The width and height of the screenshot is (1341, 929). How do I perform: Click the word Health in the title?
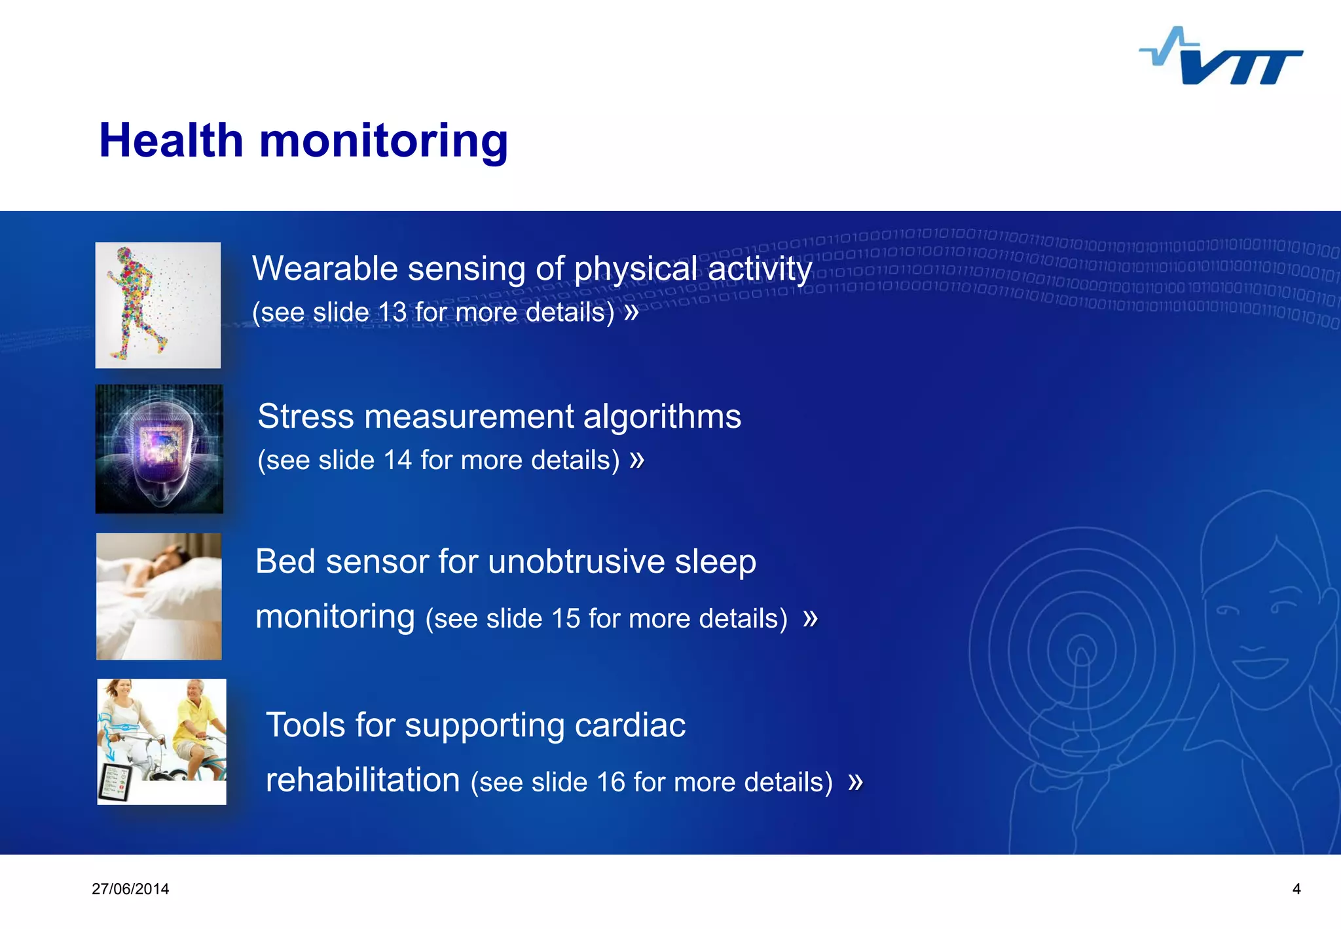[171, 141]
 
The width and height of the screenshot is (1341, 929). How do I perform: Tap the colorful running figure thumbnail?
[158, 305]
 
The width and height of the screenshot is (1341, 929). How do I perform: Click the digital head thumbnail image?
[159, 449]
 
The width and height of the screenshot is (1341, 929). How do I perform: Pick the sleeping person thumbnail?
[159, 596]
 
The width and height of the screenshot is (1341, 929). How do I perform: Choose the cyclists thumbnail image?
[162, 742]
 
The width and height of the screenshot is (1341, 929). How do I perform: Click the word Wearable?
[325, 269]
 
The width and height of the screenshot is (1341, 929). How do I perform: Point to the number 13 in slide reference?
[392, 313]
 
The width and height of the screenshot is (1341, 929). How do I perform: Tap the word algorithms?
[662, 417]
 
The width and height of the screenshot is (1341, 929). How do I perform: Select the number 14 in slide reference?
[397, 461]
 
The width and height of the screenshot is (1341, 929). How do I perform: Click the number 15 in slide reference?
[566, 619]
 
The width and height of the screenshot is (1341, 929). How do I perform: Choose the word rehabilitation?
[363, 781]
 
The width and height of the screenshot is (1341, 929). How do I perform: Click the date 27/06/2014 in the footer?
[130, 889]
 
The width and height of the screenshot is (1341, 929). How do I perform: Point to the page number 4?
[1296, 889]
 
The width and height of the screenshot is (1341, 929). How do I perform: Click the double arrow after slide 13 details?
[631, 313]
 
